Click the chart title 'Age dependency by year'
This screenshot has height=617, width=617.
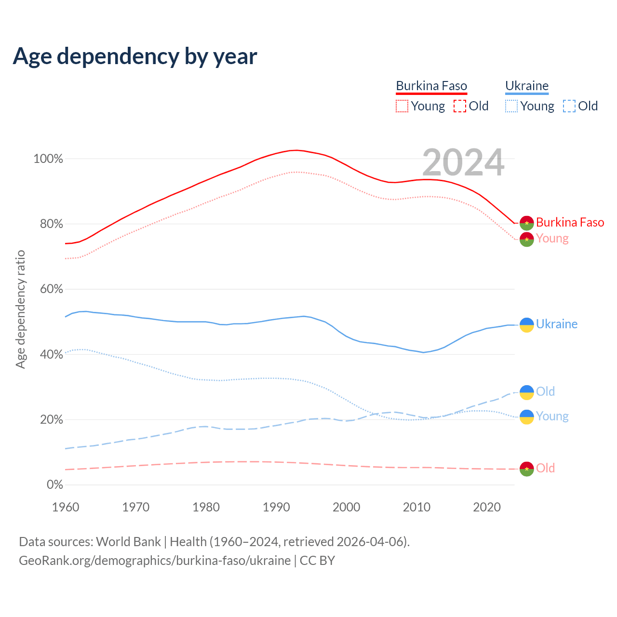135,56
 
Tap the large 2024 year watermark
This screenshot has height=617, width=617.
463,163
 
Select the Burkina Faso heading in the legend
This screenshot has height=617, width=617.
431,86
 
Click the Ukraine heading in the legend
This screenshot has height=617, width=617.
527,86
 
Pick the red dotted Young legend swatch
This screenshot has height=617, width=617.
402,106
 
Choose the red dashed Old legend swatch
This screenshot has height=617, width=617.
460,106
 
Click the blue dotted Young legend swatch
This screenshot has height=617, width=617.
511,106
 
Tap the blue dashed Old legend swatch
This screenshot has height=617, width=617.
569,106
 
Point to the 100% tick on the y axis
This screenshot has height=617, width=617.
48,159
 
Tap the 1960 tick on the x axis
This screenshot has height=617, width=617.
66,507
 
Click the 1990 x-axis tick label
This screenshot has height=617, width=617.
276,507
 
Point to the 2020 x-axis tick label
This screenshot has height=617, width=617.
487,507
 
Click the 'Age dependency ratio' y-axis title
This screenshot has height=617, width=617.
20,309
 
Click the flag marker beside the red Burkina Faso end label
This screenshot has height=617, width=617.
527,223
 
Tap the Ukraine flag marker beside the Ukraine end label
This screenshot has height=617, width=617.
527,325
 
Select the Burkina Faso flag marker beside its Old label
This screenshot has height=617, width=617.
527,469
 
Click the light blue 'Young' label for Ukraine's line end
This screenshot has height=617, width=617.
552,416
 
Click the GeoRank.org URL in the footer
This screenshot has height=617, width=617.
155,561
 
